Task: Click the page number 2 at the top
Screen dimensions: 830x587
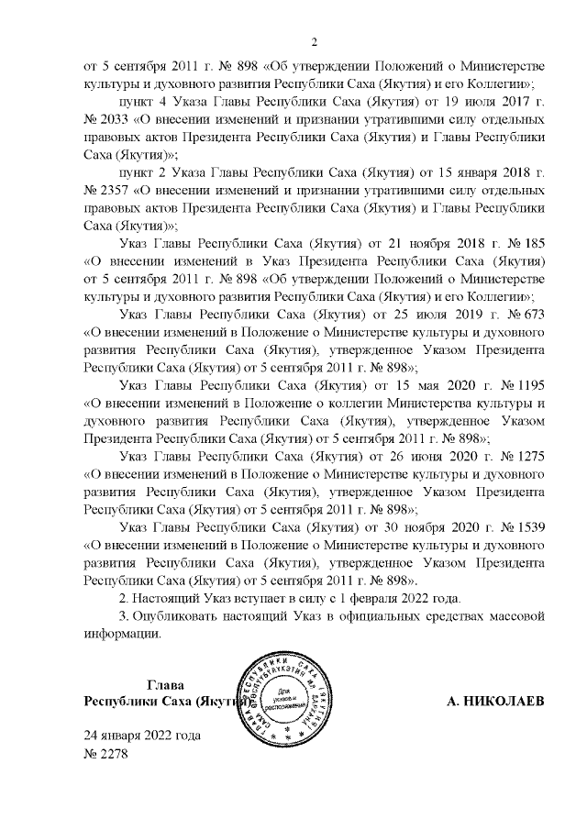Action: click(314, 41)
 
